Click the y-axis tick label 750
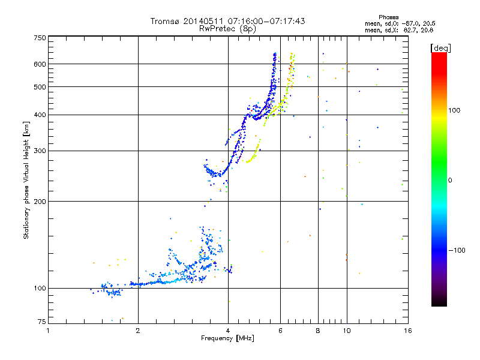point(40,38)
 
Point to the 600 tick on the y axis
point(40,64)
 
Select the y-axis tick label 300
point(40,151)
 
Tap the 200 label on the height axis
point(40,201)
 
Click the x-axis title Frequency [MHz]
point(227,339)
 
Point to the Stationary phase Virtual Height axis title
point(26,180)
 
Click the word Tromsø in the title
point(165,21)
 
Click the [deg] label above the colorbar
point(441,47)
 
